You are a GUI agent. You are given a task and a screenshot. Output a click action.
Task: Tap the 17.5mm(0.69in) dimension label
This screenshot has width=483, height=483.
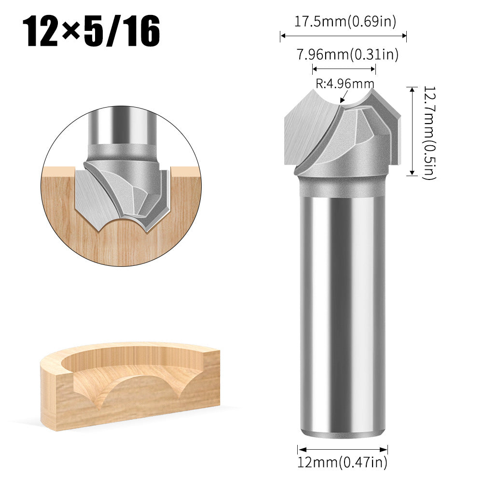click(345, 22)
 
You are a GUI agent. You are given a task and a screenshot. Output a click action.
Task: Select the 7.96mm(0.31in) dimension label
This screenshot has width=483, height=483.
click(347, 55)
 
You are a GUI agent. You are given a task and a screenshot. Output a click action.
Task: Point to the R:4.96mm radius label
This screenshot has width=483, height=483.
click(345, 83)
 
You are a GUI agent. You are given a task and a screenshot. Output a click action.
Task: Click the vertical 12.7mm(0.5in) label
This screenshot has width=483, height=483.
click(429, 133)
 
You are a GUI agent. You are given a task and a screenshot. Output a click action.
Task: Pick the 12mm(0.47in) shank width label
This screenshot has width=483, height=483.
click(342, 463)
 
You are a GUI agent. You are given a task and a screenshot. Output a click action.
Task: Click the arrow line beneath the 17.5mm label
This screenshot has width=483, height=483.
click(343, 35)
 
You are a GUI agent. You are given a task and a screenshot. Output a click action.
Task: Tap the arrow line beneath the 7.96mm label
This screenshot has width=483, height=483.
click(344, 68)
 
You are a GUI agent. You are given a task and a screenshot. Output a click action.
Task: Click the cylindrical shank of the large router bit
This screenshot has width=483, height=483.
click(342, 314)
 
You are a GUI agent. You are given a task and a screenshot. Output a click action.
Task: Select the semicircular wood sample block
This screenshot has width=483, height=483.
click(130, 386)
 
